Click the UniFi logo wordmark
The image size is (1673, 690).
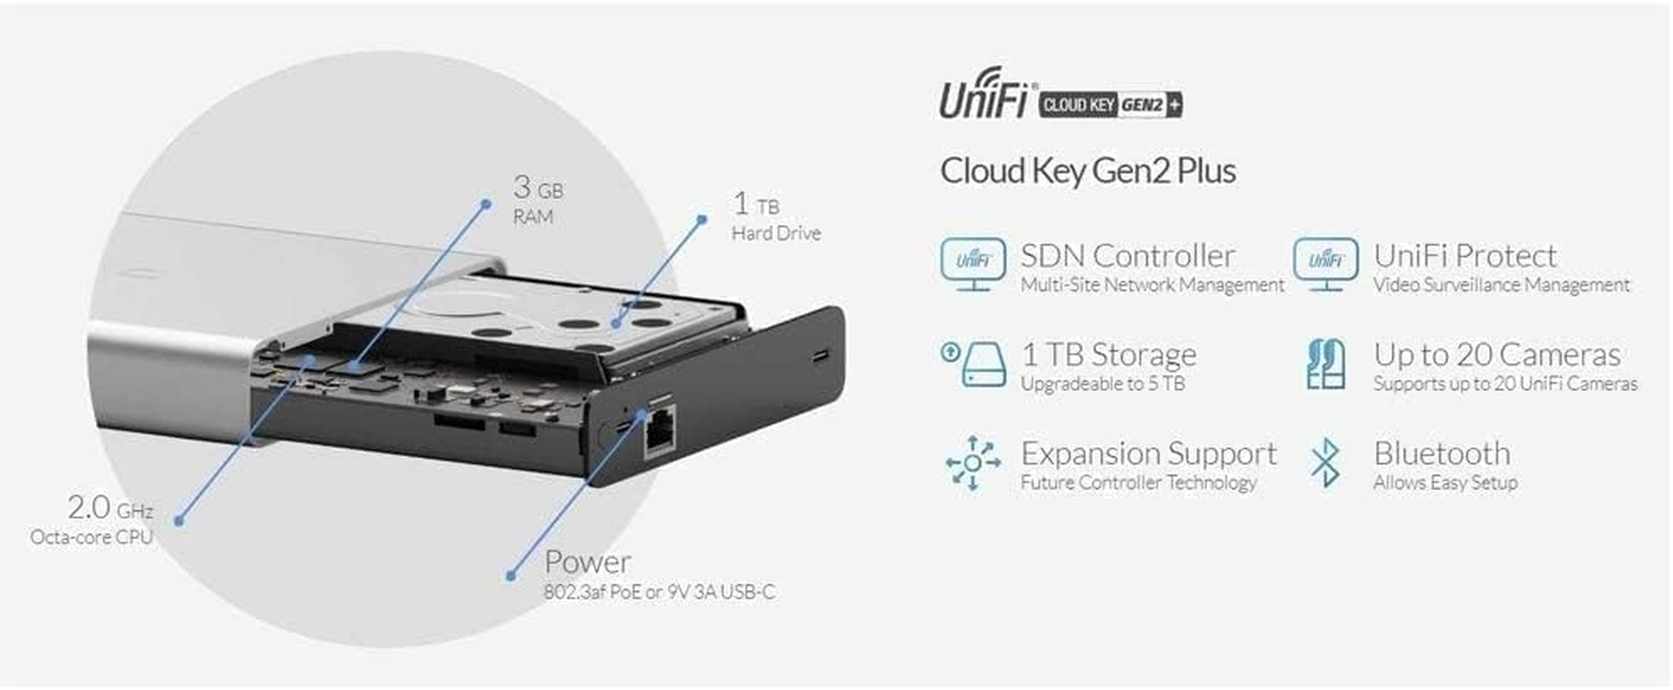pyautogui.click(x=984, y=97)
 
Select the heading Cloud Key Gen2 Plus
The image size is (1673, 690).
pyautogui.click(x=1087, y=171)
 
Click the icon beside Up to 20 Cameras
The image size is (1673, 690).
pyautogui.click(x=1325, y=364)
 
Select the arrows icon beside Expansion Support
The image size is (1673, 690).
pyautogui.click(x=972, y=463)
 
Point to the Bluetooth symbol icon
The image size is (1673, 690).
pyautogui.click(x=1325, y=463)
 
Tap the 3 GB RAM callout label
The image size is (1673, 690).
pyautogui.click(x=538, y=199)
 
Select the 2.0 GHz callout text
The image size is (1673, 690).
pyautogui.click(x=110, y=508)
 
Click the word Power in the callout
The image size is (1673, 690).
pyautogui.click(x=588, y=562)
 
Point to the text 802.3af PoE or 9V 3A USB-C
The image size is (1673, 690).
pyautogui.click(x=659, y=593)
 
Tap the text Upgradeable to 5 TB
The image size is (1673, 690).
pyautogui.click(x=1103, y=384)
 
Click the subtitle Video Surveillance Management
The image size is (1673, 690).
pyautogui.click(x=1501, y=285)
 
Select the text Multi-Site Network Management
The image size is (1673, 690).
pyautogui.click(x=1152, y=285)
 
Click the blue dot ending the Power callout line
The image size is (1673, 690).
pyautogui.click(x=511, y=575)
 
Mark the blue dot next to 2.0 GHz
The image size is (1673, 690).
pyautogui.click(x=179, y=521)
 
